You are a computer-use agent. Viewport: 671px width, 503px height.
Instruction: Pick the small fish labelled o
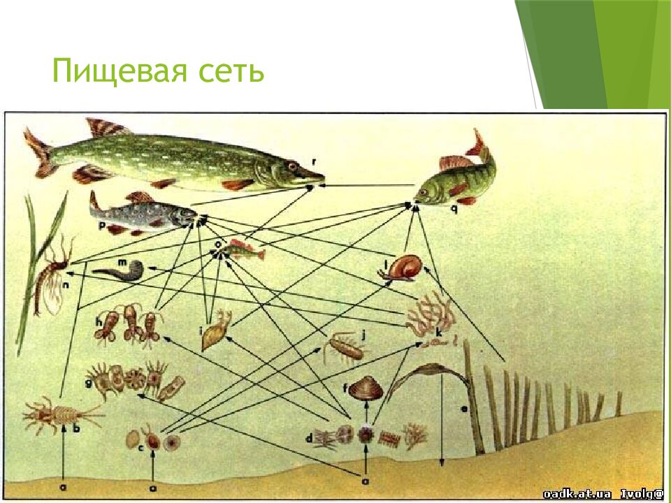(x=245, y=251)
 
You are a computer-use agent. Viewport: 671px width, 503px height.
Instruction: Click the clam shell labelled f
(x=366, y=388)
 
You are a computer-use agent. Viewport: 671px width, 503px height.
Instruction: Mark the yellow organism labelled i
(x=215, y=331)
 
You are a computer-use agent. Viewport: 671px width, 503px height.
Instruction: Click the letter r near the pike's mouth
(x=315, y=163)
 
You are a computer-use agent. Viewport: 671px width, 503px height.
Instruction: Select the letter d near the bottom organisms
(x=309, y=438)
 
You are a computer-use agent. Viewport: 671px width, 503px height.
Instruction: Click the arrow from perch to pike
(x=367, y=185)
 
